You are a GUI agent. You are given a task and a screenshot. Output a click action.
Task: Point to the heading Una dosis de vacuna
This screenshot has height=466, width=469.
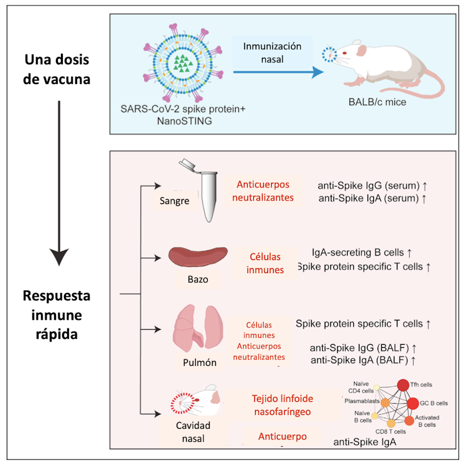click(57, 70)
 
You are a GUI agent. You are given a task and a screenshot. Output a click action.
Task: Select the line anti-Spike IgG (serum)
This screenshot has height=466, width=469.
click(371, 185)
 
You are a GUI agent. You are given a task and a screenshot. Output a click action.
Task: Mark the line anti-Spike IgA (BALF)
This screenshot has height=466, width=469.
click(363, 360)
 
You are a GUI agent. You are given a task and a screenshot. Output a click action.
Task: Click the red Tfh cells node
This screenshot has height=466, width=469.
click(403, 385)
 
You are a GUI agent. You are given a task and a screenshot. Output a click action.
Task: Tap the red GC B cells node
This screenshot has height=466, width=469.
click(413, 403)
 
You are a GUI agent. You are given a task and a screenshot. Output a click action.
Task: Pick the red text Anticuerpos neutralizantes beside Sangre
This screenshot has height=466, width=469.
click(265, 190)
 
